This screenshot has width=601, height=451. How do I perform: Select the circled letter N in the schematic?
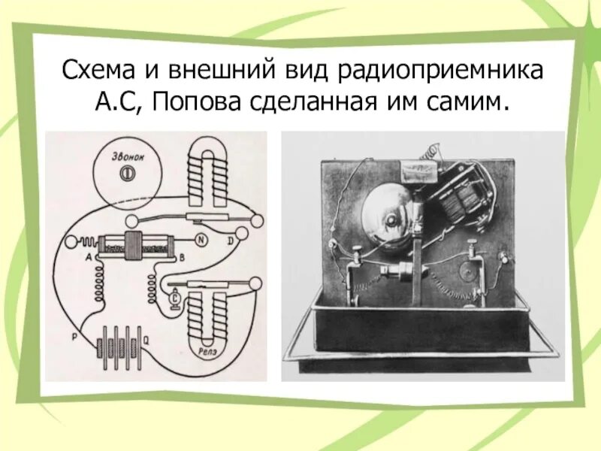tap(201, 241)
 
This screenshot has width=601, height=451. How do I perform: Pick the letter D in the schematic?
tap(231, 241)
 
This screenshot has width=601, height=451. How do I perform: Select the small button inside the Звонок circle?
tap(125, 172)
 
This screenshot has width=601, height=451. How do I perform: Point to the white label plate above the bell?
tap(418, 169)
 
